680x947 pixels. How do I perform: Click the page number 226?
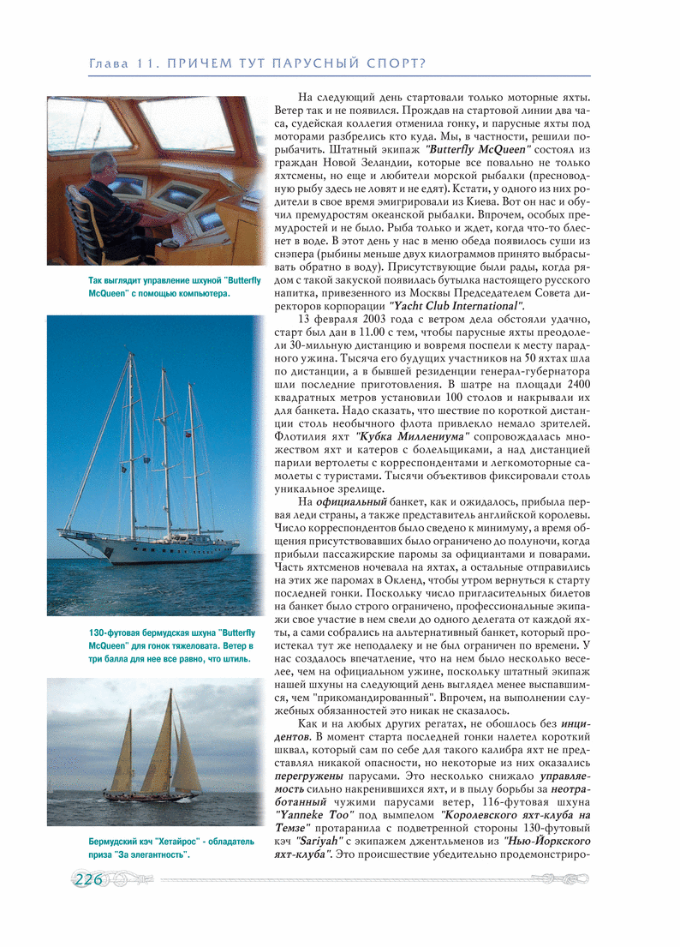89,880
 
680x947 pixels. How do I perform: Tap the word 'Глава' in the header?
109,64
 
